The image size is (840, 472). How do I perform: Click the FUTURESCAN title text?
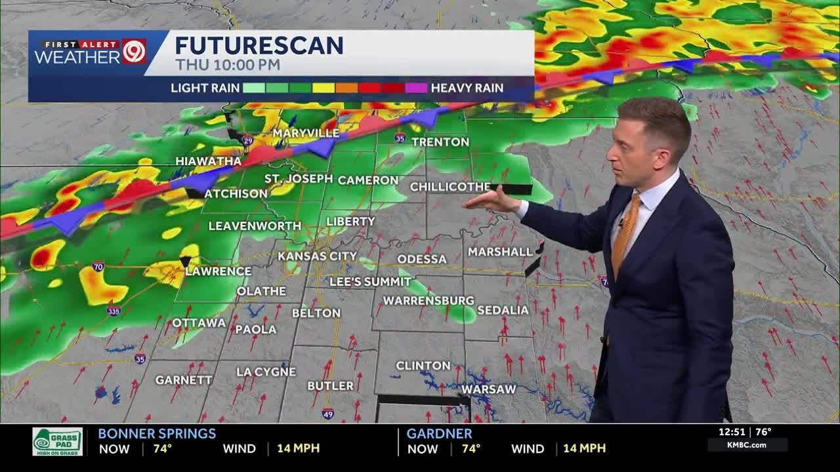(259, 45)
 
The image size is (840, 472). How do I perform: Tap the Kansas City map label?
(317, 256)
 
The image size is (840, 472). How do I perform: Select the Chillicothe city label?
(450, 187)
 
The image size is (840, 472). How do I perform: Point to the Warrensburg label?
(428, 300)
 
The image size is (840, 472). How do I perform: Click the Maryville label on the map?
(306, 133)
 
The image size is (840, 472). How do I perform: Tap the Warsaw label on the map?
(489, 389)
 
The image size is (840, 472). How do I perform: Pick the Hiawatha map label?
(208, 161)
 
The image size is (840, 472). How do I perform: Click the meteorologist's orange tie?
(625, 233)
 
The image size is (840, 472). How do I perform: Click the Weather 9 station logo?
(90, 52)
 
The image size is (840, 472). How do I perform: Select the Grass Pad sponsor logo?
(58, 441)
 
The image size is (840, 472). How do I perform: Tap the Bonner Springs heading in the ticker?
(157, 433)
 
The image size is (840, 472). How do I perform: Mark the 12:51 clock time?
(731, 432)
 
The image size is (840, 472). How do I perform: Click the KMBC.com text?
(747, 445)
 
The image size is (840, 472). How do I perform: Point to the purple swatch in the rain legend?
(416, 88)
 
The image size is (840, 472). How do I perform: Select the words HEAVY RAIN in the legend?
(467, 88)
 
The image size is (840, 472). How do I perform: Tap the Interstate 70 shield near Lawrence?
(98, 267)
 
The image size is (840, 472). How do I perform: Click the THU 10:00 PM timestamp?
(227, 65)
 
